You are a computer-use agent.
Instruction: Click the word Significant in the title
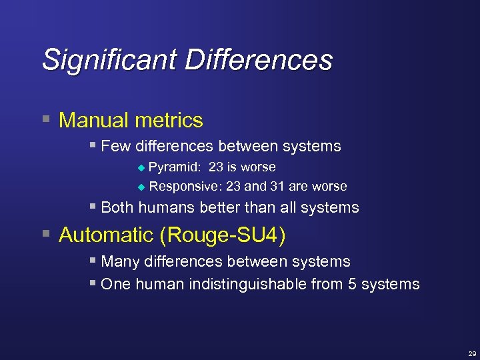109,60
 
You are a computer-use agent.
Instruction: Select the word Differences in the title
259,59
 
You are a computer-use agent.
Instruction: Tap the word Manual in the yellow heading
91,121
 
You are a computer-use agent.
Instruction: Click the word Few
115,146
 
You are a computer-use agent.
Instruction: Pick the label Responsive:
185,186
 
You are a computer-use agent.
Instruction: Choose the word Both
118,207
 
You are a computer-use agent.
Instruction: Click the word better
219,207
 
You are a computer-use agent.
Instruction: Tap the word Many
120,262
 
